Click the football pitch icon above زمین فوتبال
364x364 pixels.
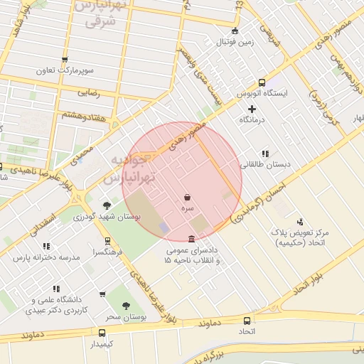point(235,31)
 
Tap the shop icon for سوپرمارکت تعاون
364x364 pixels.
point(65,60)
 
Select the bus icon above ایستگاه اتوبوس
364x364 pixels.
point(262,82)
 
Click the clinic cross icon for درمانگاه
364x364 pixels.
point(252,108)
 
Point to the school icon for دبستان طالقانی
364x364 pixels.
point(264,153)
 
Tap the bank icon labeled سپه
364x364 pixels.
point(187,197)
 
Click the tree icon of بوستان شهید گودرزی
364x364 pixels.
point(107,204)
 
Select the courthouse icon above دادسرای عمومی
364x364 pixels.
point(191,239)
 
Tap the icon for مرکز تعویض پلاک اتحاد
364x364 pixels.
point(299,221)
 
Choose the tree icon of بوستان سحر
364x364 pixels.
point(126,306)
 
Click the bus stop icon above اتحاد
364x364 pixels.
point(247,321)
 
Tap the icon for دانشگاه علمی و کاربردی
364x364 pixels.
point(103,294)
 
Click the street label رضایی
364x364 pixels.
point(87,92)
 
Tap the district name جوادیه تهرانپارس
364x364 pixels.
point(132,168)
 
